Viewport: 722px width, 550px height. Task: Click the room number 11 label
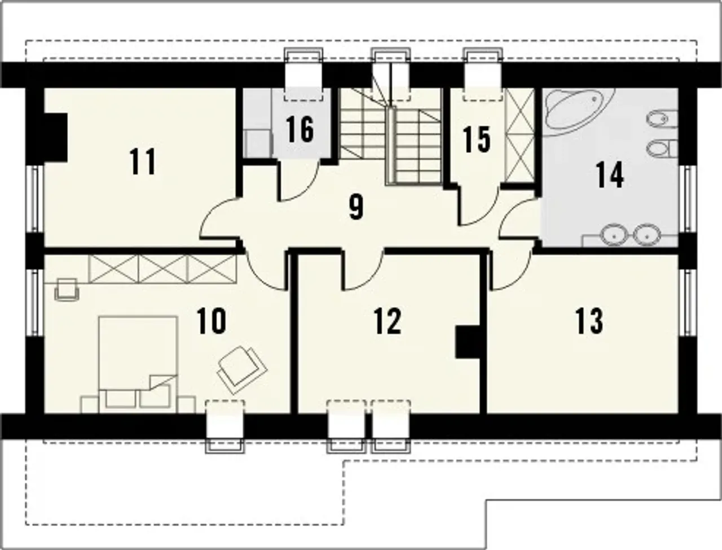coord(143,161)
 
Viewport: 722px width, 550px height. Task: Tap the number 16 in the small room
coord(300,130)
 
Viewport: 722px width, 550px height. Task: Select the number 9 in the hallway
coord(356,207)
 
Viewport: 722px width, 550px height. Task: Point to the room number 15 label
coord(477,140)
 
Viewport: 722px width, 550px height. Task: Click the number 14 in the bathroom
coord(610,175)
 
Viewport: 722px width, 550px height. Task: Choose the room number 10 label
coord(211,321)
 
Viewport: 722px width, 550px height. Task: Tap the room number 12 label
coord(388,321)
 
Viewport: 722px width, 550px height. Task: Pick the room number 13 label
coord(589,321)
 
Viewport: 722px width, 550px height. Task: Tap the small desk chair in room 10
coord(67,289)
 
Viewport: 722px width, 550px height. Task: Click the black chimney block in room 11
coord(56,137)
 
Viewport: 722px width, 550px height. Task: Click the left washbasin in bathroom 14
coord(614,235)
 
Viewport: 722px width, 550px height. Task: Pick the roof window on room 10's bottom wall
coord(225,426)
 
